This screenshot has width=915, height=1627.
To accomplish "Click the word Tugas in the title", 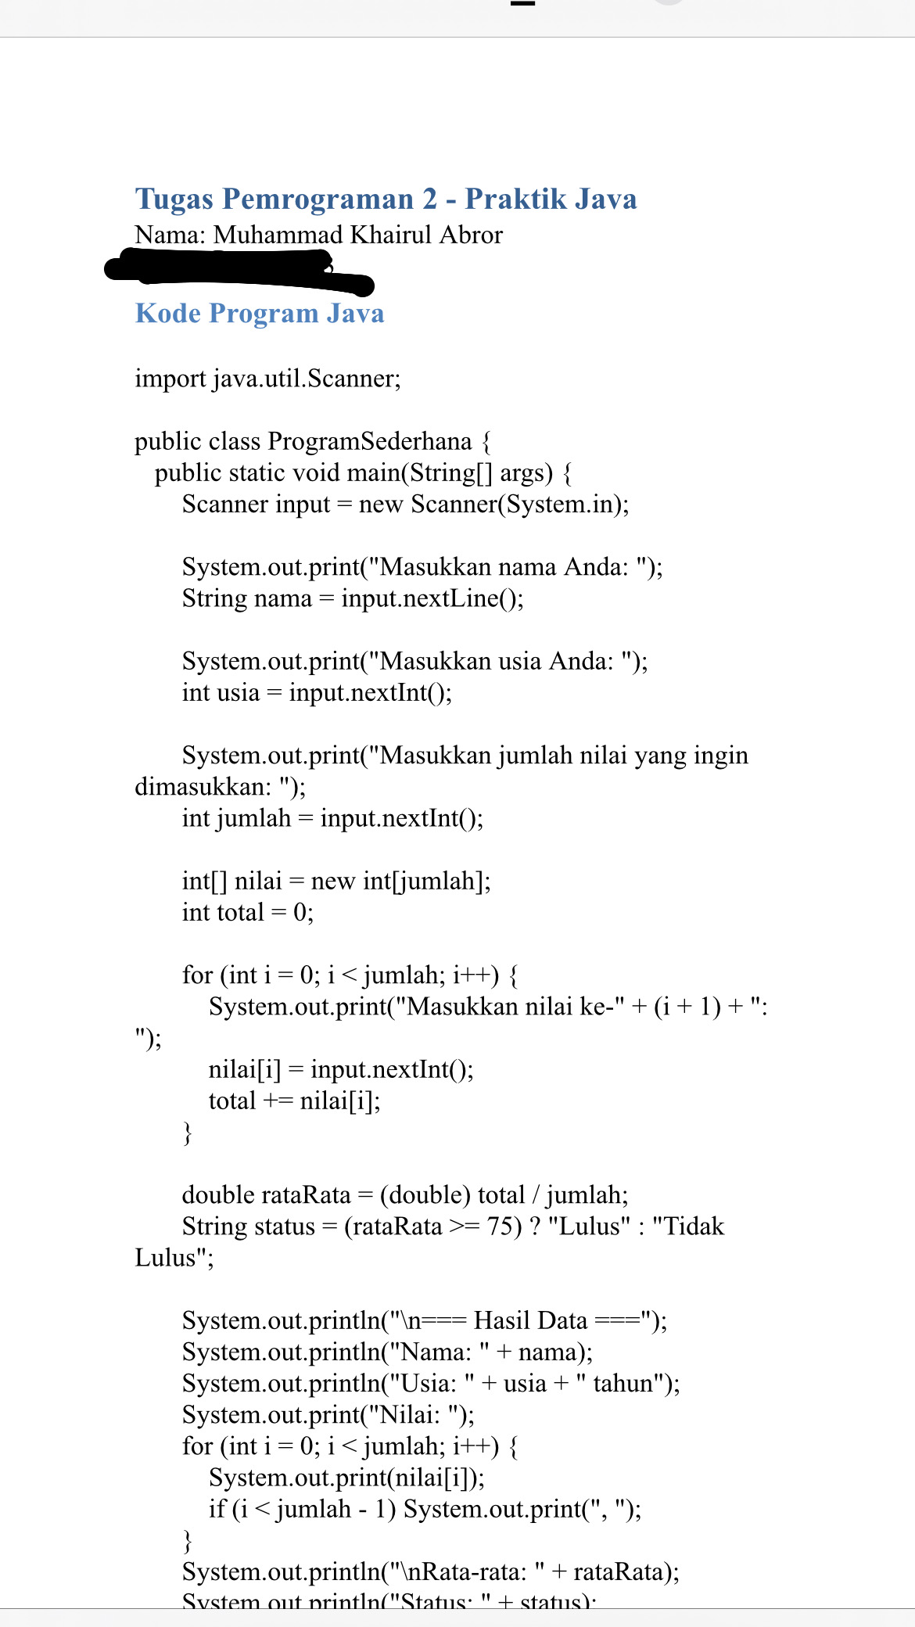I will click(174, 199).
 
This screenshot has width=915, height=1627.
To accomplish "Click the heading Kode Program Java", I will click(260, 314).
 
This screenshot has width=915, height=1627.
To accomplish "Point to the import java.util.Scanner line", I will click(267, 379).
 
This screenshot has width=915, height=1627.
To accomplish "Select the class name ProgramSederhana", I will click(369, 442).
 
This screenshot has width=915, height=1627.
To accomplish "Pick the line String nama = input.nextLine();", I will click(353, 598).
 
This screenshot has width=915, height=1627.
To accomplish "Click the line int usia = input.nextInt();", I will click(317, 693).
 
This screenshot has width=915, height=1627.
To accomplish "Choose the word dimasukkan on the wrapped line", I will click(203, 787).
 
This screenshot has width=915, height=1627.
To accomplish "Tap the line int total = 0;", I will click(248, 913).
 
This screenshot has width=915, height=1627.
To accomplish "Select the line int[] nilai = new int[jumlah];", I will click(336, 882).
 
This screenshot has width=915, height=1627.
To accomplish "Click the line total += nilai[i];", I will click(294, 1101).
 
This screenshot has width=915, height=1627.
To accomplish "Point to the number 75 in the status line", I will click(500, 1227).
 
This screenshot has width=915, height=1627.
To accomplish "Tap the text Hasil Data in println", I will click(530, 1321).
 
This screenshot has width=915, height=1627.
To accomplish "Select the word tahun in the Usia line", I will click(623, 1384).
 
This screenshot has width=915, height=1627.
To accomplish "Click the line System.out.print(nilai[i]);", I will click(346, 1478).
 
